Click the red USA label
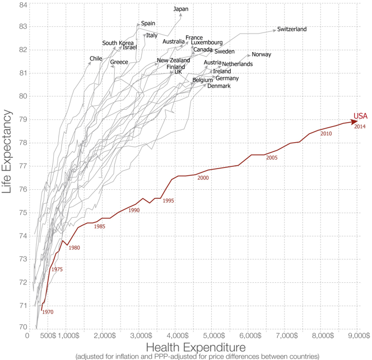(x=360, y=116)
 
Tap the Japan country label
(x=181, y=9)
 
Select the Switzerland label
(x=292, y=29)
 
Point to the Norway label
(x=262, y=55)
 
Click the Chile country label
(x=96, y=59)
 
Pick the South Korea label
(x=118, y=43)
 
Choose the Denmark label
(x=219, y=86)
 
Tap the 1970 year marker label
(x=48, y=312)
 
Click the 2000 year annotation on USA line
(x=203, y=178)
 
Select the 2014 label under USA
(x=360, y=127)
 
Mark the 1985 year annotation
(x=100, y=226)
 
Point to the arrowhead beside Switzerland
(x=275, y=31)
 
